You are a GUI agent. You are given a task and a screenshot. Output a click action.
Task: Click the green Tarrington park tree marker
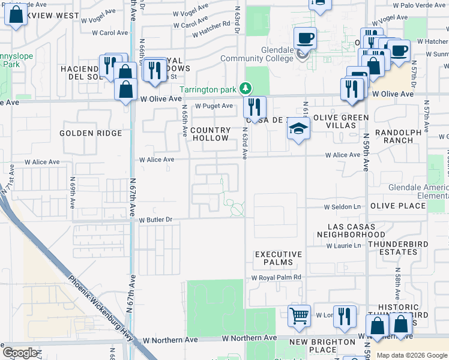coord(245,89)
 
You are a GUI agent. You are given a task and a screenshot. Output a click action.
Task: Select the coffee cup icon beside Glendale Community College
coord(306,38)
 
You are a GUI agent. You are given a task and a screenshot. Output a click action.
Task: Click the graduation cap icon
coord(298,128)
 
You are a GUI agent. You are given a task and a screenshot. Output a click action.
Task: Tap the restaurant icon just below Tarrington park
coord(255,107)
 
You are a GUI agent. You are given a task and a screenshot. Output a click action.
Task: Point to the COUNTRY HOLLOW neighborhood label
coord(211,134)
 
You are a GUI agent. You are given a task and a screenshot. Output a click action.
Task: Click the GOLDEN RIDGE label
coord(91,133)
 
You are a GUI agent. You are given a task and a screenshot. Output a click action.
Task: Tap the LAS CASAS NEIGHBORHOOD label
coord(357,230)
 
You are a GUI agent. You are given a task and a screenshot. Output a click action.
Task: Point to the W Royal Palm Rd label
coord(276,278)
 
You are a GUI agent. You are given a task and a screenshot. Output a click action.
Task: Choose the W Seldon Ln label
coord(343,207)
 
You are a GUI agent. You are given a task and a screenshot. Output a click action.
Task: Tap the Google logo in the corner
coord(20,353)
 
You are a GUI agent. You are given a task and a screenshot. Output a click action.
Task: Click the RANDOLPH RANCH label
coord(394,136)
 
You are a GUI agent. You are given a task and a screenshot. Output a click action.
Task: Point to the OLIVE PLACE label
coord(399,206)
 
